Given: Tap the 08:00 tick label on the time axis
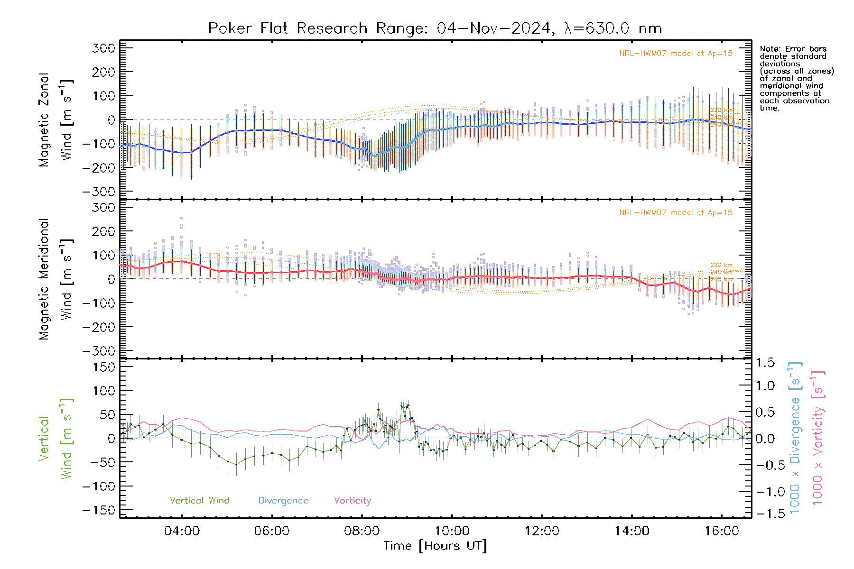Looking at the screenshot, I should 362,531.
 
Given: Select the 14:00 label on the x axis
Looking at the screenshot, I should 631,531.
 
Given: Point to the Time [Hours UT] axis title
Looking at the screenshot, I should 435,546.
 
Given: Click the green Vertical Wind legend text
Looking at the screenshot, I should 199,501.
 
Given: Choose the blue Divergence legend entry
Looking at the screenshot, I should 283,501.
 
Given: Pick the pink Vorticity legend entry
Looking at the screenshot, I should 352,501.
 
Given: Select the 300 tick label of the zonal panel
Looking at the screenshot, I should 104,48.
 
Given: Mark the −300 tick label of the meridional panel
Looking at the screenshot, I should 98,351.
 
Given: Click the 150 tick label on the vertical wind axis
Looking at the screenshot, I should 104,367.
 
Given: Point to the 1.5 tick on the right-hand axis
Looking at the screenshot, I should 765,363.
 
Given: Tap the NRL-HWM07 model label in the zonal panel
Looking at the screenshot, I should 676,54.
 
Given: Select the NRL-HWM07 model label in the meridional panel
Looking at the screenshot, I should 676,213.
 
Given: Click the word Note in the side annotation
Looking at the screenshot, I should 769,49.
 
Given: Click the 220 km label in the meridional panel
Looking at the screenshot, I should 721,265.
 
